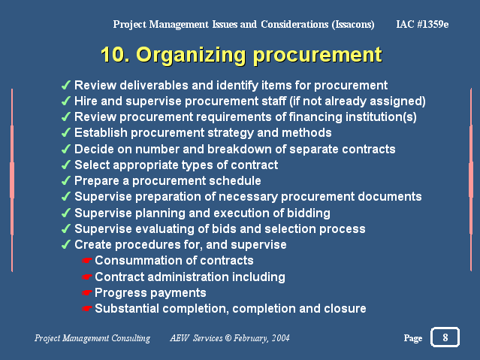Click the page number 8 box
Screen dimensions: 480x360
pyautogui.click(x=445, y=337)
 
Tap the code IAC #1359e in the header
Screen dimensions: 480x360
pyautogui.click(x=422, y=24)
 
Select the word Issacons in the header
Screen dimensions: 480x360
pyautogui.click(x=353, y=24)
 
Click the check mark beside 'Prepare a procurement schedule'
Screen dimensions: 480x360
pyautogui.click(x=66, y=180)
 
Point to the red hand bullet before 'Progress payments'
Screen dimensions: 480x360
pyautogui.click(x=87, y=292)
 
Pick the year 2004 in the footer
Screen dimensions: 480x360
pyautogui.click(x=281, y=338)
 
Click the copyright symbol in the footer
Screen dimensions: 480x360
pyautogui.click(x=228, y=338)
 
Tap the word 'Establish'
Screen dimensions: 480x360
pyautogui.click(x=101, y=133)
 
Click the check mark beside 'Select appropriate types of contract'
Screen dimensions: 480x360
pyautogui.click(x=66, y=165)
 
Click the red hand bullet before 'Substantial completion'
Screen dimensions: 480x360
pyautogui.click(x=87, y=309)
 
